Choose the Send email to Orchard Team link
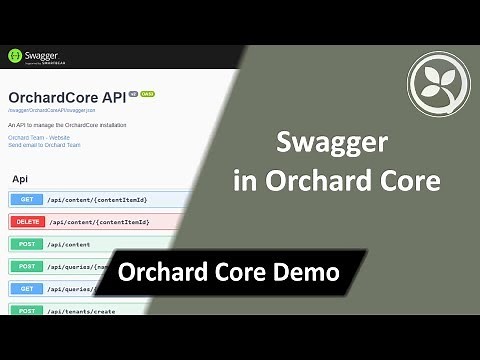pyautogui.click(x=44, y=145)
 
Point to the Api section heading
pyautogui.click(x=19, y=178)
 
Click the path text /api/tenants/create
pyautogui.click(x=81, y=311)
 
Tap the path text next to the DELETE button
pyautogui.click(x=97, y=222)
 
